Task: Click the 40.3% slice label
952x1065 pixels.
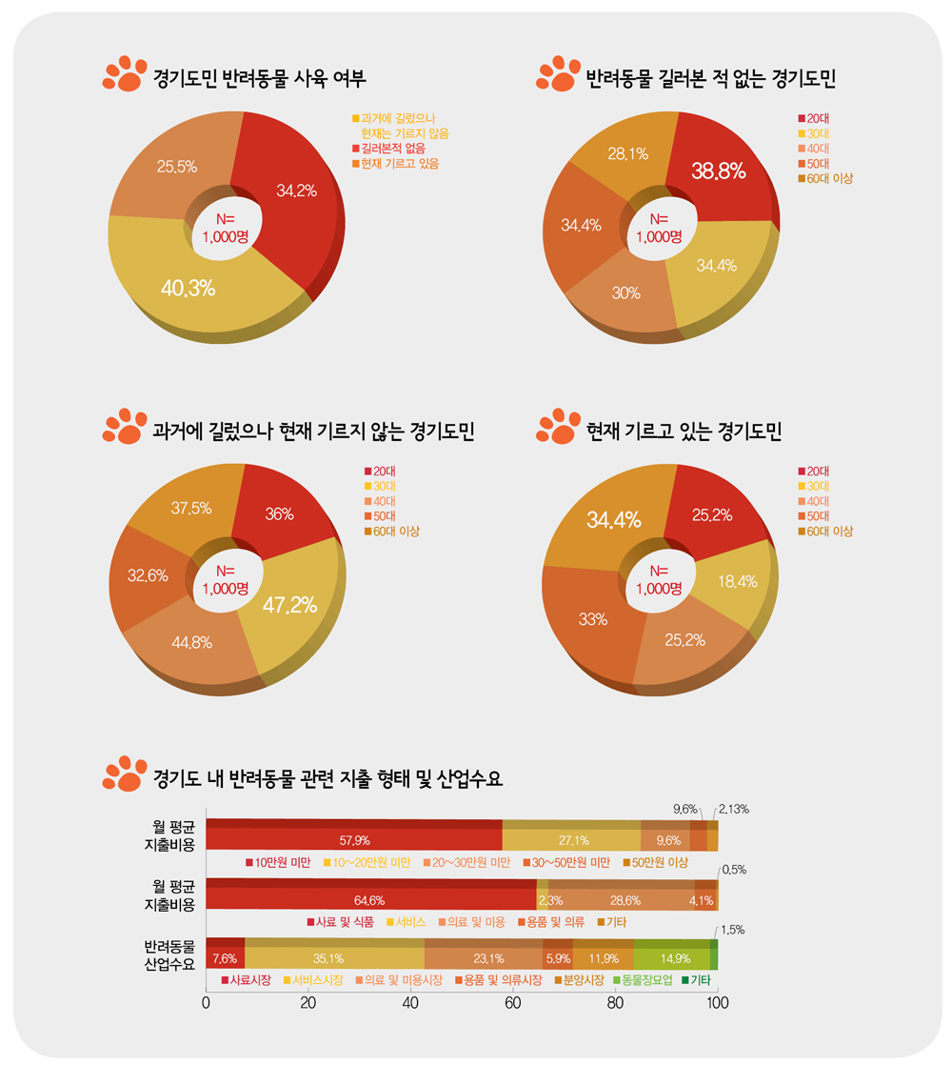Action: tap(188, 287)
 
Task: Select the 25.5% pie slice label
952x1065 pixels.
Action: tap(177, 167)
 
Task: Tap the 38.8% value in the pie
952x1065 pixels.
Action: tap(719, 171)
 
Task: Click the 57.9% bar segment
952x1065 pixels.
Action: tap(354, 840)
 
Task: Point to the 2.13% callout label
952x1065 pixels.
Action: tap(733, 810)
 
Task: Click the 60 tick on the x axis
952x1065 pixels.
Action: tap(512, 1002)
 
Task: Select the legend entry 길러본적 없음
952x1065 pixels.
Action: tap(392, 150)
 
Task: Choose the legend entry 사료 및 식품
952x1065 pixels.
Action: tap(345, 922)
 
